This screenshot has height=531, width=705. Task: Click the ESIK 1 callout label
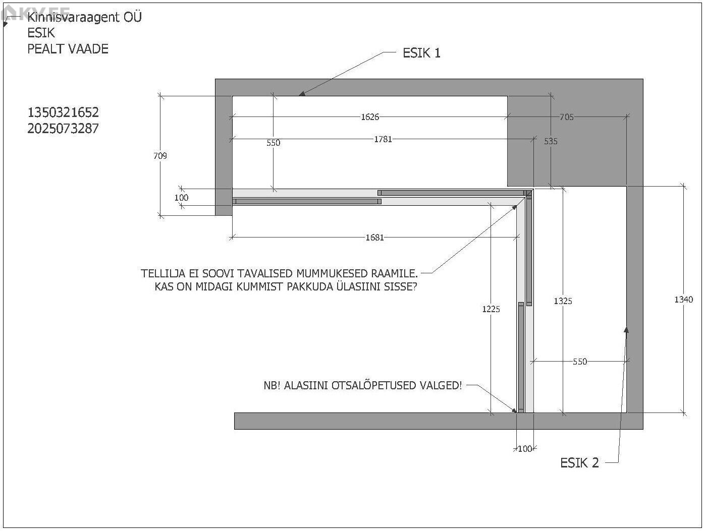pyautogui.click(x=421, y=53)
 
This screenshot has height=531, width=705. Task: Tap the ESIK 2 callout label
pyautogui.click(x=579, y=463)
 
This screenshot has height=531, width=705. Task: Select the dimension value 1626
pyautogui.click(x=370, y=117)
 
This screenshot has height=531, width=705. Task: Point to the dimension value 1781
pyautogui.click(x=383, y=139)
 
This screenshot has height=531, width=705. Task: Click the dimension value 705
pyautogui.click(x=567, y=117)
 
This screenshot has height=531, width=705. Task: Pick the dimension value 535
pyautogui.click(x=551, y=141)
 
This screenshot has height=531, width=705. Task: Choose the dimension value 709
pyautogui.click(x=160, y=156)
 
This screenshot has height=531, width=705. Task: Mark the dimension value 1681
pyautogui.click(x=374, y=238)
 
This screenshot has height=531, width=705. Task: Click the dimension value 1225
pyautogui.click(x=491, y=309)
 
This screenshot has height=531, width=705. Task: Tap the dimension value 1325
pyautogui.click(x=563, y=301)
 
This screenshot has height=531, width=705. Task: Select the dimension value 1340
pyautogui.click(x=683, y=300)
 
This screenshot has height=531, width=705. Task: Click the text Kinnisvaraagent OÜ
pyautogui.click(x=84, y=17)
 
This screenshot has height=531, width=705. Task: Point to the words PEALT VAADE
pyautogui.click(x=68, y=49)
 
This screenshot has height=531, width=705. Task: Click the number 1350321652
pyautogui.click(x=63, y=112)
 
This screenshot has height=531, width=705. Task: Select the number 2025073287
pyautogui.click(x=63, y=129)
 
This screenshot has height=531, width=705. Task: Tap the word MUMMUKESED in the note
pyautogui.click(x=332, y=274)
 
